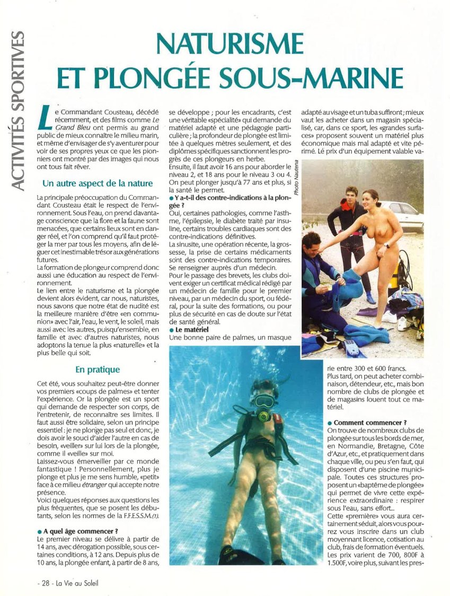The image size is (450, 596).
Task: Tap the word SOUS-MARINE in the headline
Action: pyautogui.click(x=327, y=77)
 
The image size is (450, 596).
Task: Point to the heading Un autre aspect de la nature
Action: pyautogui.click(x=98, y=183)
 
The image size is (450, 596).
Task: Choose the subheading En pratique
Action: pyautogui.click(x=98, y=369)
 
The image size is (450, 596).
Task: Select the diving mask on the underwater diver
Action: pyautogui.click(x=264, y=400)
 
